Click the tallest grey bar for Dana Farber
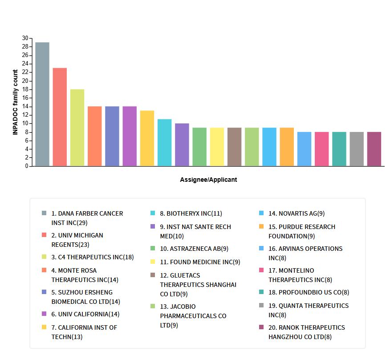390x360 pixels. [42, 104]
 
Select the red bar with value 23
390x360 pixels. [60, 117]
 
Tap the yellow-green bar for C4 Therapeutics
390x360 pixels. [77, 128]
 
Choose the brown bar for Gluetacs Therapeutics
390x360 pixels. [234, 147]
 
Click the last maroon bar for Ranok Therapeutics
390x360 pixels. [374, 149]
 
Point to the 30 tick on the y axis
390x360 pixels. [25, 38]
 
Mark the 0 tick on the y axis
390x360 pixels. [27, 166]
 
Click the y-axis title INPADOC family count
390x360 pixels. [15, 102]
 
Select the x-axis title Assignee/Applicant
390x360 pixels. [208, 180]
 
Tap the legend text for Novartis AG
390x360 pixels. [297, 213]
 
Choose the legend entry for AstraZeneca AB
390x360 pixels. [194, 249]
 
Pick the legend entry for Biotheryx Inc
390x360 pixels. [191, 213]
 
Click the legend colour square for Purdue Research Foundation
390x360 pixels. [261, 227]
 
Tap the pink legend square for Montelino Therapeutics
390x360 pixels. [261, 270]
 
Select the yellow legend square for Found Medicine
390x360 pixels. [153, 262]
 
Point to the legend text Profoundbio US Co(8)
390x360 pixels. [309, 293]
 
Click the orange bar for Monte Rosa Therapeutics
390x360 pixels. [94, 136]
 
